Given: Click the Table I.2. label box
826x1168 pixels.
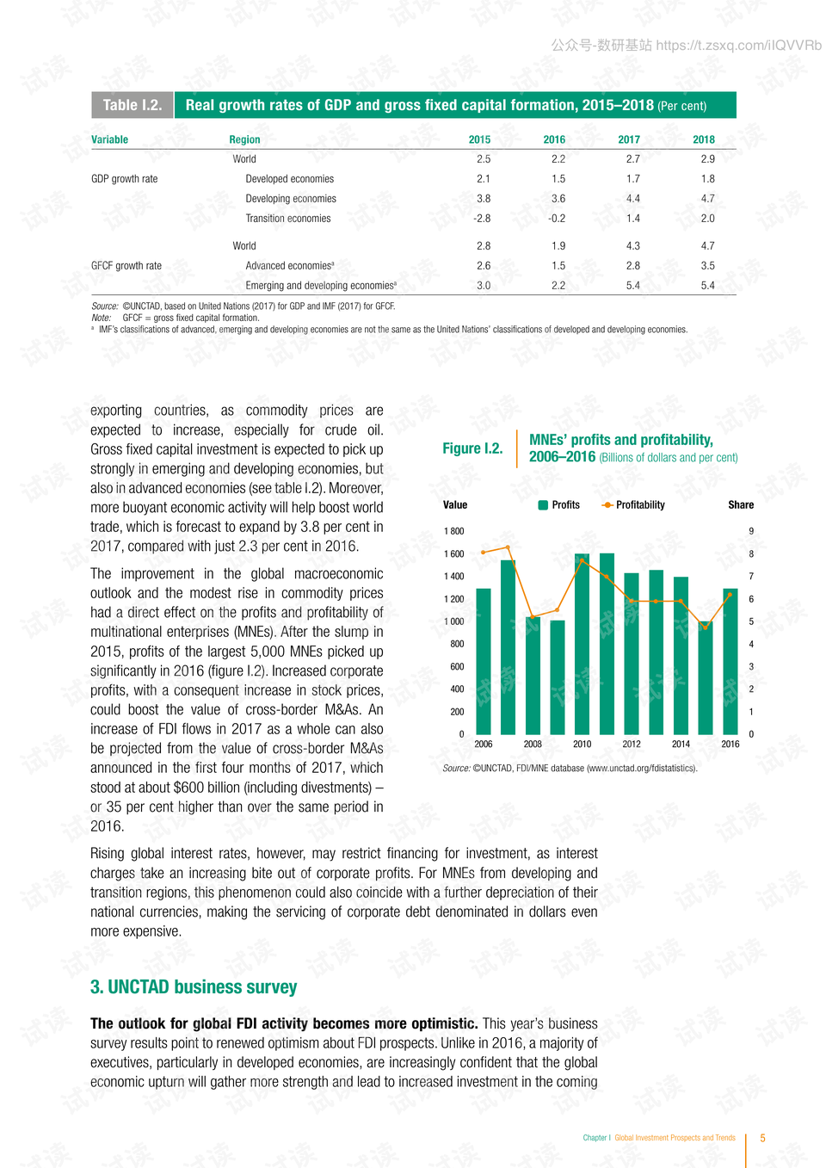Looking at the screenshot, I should (132, 105).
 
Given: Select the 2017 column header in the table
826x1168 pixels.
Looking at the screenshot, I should (629, 139).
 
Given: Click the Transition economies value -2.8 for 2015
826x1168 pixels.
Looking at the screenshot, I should (482, 219).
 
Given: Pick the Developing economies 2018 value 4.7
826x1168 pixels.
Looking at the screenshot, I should (707, 199).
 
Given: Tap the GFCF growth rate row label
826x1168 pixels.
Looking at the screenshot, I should (126, 266).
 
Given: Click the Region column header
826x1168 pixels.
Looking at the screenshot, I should (244, 139).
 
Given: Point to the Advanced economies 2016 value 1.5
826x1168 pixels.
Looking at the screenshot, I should (558, 266).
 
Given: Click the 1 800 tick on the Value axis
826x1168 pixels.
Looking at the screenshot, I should (454, 531).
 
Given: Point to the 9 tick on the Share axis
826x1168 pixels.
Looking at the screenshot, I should (751, 531).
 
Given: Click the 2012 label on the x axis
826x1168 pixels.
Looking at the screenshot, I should (632, 745).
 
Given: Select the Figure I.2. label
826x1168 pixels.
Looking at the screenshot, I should (472, 448).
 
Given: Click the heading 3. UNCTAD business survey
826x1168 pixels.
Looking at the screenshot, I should (194, 987).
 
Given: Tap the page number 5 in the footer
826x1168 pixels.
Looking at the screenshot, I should (762, 1138).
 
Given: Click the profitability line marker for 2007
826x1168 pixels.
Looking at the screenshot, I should (508, 547).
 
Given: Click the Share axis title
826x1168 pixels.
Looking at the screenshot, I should (740, 505).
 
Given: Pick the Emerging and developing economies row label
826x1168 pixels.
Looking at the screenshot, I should (321, 286).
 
